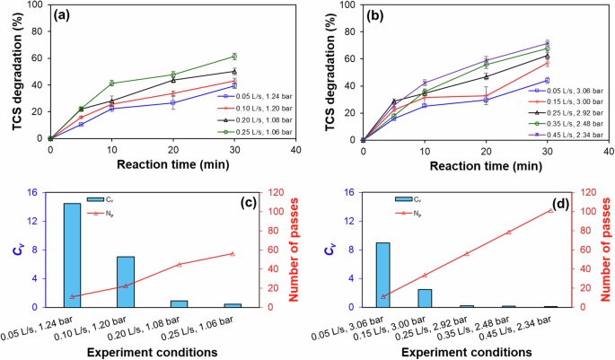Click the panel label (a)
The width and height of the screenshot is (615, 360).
[67, 16]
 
